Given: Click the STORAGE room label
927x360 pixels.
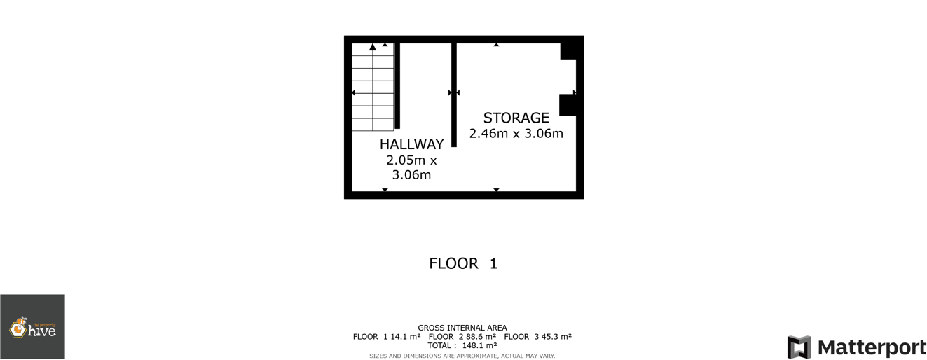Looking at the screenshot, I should click(x=516, y=118).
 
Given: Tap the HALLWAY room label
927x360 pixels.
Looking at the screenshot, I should click(x=411, y=144).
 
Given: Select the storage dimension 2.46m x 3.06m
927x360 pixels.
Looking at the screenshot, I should click(x=516, y=134).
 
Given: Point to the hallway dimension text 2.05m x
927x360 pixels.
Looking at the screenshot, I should click(x=411, y=160).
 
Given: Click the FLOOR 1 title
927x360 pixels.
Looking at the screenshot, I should click(x=463, y=264).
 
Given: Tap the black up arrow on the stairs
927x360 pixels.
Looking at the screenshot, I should click(x=373, y=48).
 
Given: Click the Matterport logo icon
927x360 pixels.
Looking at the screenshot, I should click(x=799, y=347).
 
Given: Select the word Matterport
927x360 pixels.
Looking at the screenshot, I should click(x=872, y=347).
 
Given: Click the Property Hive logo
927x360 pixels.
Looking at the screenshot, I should click(x=32, y=327).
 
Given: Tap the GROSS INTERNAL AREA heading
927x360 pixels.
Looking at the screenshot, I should click(x=462, y=328).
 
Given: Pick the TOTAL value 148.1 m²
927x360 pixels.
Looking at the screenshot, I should click(x=479, y=345).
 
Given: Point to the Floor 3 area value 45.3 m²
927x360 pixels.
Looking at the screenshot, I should click(x=553, y=337).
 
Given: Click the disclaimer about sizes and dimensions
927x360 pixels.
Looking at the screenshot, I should click(x=462, y=356).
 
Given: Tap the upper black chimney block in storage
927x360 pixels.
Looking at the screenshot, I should click(x=570, y=50).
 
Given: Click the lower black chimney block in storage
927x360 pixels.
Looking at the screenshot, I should click(x=568, y=105).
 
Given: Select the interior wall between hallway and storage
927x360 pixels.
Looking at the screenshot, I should click(x=454, y=95).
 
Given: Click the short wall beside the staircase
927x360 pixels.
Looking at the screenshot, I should click(x=397, y=85).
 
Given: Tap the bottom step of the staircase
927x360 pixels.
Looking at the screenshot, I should click(x=372, y=125).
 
